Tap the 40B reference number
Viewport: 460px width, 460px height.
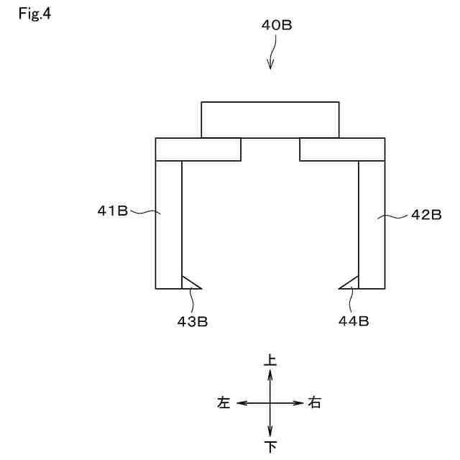pos(276,24)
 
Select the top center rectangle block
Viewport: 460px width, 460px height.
pos(270,119)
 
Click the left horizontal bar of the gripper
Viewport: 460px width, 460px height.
pos(198,149)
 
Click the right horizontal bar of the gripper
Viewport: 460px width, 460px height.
pos(341,149)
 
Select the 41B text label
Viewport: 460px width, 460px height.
pos(113,211)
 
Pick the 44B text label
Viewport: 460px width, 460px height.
pos(354,321)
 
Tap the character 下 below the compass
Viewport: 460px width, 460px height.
pos(271,447)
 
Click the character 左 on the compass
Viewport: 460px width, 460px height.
pos(224,403)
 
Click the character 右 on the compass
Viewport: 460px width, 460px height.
pos(314,403)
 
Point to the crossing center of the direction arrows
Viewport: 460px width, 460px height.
pos(270,403)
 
